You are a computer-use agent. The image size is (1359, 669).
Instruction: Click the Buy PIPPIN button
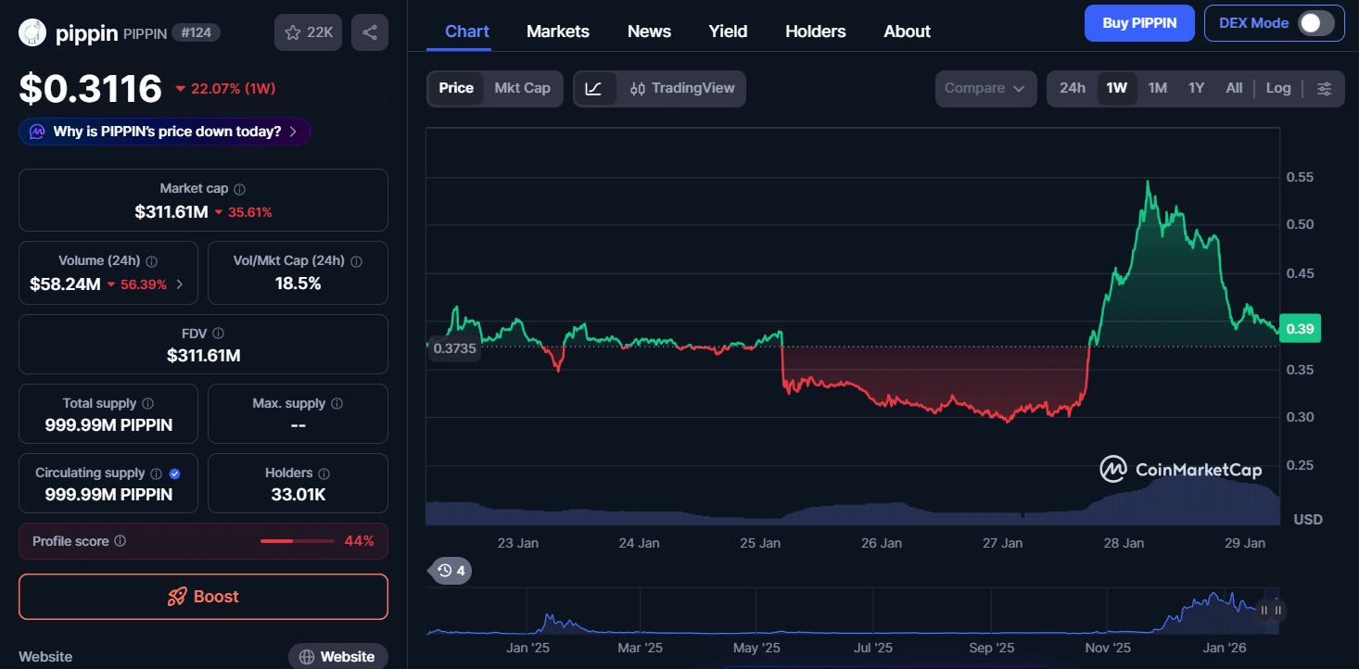click(1138, 23)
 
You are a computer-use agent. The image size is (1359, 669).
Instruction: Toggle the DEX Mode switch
click(1316, 23)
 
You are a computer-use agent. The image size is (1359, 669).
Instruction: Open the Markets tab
click(557, 32)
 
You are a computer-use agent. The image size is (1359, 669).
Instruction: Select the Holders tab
click(816, 32)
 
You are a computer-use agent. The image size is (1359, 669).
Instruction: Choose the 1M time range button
click(1157, 89)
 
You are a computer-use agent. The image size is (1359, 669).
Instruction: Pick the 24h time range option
click(1072, 89)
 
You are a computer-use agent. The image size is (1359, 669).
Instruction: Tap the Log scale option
click(1277, 89)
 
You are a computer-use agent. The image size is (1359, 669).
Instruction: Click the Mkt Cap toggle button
click(522, 89)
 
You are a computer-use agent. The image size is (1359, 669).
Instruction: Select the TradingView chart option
click(682, 89)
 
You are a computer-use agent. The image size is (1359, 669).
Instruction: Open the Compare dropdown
click(985, 89)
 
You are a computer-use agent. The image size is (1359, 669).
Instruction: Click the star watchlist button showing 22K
click(308, 32)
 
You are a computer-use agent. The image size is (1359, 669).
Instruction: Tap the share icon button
click(370, 32)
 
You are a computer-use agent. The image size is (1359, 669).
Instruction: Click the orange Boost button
click(203, 596)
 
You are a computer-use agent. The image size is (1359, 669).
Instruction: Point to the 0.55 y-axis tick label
click(1300, 177)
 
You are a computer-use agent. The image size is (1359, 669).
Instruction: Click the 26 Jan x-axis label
click(881, 543)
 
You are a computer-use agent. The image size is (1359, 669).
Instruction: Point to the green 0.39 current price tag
click(1300, 329)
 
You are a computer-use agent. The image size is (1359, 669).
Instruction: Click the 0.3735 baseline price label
click(454, 348)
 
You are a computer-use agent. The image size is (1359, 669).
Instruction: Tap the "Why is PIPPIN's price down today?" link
click(165, 132)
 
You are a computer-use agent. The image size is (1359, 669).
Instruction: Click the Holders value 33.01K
click(298, 494)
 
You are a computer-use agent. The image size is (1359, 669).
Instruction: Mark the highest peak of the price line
click(1148, 181)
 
